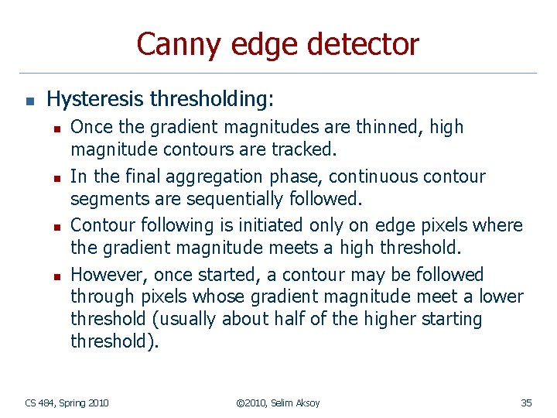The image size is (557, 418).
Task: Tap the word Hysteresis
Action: [96, 99]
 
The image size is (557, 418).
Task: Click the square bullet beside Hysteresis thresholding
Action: [28, 101]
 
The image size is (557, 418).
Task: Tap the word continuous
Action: [367, 176]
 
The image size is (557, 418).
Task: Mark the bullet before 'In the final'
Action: [55, 177]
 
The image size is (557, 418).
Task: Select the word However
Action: [108, 275]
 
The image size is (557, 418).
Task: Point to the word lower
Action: [500, 296]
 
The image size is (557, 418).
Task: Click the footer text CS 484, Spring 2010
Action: [67, 403]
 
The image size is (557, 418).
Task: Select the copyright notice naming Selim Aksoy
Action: [278, 403]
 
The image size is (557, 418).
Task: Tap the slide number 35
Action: [526, 403]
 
